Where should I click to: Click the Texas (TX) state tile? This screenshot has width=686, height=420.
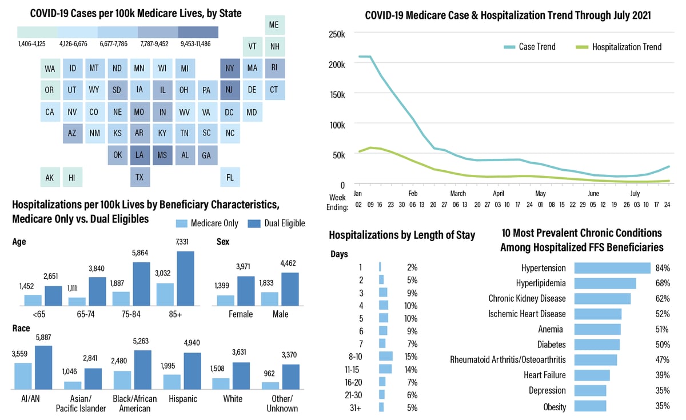(139, 177)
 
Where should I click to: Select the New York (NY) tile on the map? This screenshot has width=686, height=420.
(229, 69)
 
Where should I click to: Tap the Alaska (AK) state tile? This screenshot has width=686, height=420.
(50, 177)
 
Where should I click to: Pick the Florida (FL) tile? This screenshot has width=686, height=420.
(229, 177)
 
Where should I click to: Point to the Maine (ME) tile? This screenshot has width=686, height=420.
(274, 25)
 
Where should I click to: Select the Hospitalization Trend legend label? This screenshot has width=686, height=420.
(627, 47)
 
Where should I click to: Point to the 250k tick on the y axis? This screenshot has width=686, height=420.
(337, 34)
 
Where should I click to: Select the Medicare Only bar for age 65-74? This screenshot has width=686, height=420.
(77, 301)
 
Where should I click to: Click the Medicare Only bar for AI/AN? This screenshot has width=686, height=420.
(23, 376)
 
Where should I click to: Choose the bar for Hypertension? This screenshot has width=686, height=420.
(612, 268)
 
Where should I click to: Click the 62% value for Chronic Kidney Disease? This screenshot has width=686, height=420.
(662, 298)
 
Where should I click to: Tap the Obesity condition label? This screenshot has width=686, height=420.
(555, 407)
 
